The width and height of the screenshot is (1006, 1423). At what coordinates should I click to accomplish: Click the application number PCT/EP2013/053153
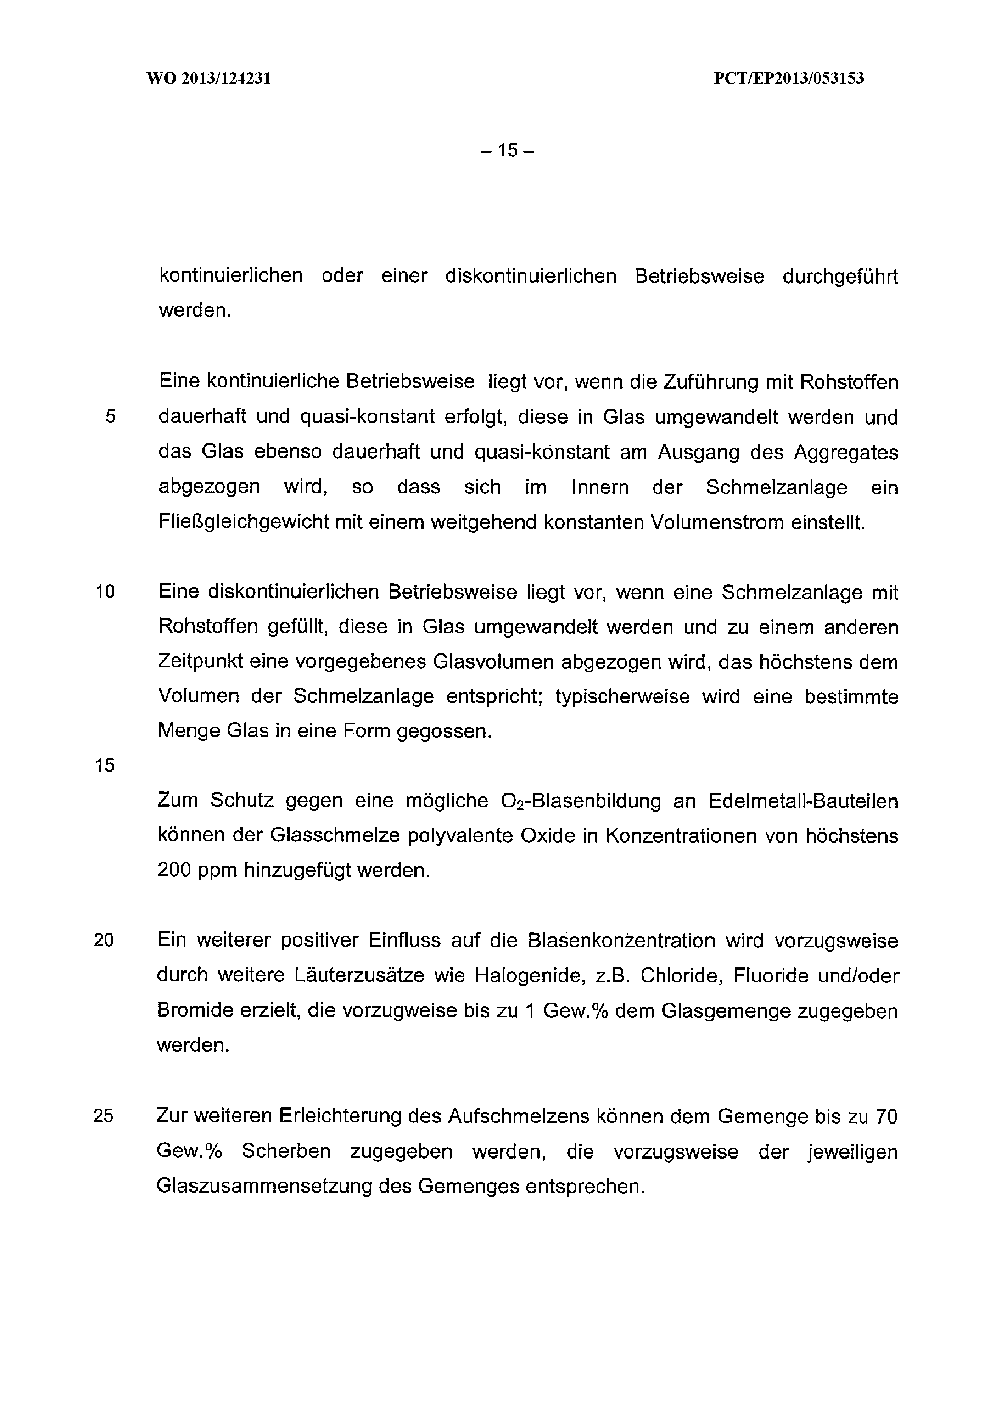(x=788, y=79)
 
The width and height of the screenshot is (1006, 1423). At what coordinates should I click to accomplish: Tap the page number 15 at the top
(x=506, y=150)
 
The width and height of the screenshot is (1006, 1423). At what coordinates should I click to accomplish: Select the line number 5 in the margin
(x=110, y=417)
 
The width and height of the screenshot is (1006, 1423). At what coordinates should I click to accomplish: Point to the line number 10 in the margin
(x=106, y=593)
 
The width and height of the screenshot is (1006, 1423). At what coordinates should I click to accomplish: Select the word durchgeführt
(x=840, y=276)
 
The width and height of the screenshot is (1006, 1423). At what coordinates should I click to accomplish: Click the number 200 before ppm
(x=173, y=871)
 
